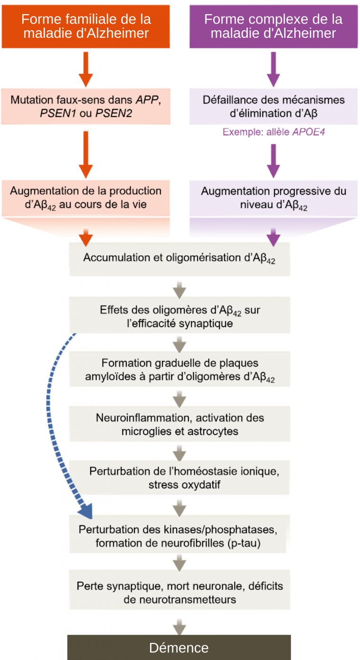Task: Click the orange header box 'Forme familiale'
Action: (86, 26)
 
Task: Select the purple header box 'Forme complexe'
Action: (273, 26)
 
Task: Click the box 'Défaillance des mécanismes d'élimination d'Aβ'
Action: (273, 107)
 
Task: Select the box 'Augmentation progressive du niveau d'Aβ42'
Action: (273, 198)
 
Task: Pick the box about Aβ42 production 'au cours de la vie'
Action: (86, 198)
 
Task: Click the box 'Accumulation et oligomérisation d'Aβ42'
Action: (180, 259)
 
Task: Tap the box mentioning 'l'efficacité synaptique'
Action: (180, 317)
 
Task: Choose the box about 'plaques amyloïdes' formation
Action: (180, 370)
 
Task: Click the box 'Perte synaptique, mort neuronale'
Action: (180, 592)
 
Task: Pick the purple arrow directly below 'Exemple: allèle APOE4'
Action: (273, 160)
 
